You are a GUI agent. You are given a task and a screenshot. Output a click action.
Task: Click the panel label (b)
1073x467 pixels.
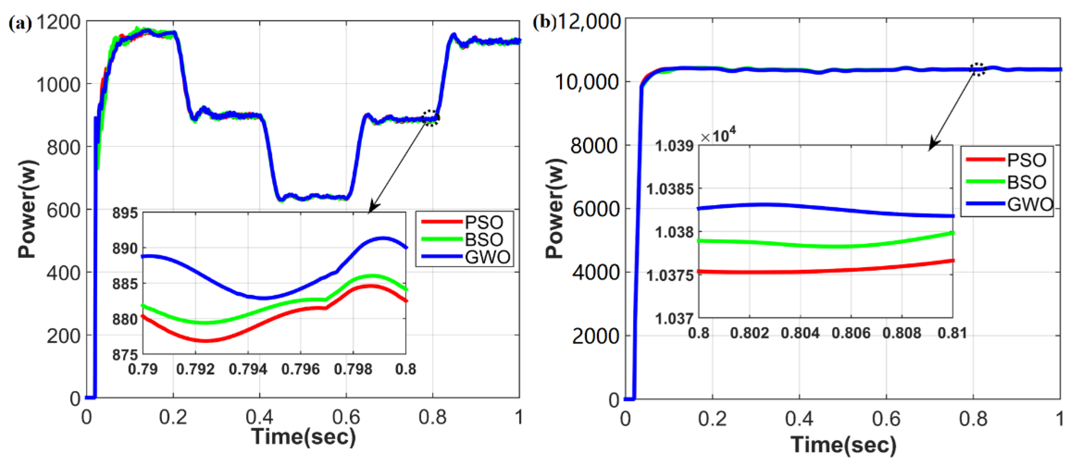544,22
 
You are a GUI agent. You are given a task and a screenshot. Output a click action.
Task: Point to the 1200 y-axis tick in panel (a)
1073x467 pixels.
58,22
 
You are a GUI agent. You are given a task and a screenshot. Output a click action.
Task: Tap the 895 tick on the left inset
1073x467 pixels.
124,213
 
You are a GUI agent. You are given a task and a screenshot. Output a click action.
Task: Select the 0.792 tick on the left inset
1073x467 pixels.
195,369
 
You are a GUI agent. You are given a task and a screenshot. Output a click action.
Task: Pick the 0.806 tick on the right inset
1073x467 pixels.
851,333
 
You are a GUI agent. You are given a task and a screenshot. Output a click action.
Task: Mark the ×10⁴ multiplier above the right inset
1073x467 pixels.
718,135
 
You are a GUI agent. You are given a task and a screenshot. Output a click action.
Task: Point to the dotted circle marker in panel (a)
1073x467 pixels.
430,118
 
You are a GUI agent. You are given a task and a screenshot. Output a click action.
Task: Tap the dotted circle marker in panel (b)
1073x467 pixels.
978,69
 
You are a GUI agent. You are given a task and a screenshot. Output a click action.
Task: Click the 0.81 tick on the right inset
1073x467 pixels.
952,333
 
